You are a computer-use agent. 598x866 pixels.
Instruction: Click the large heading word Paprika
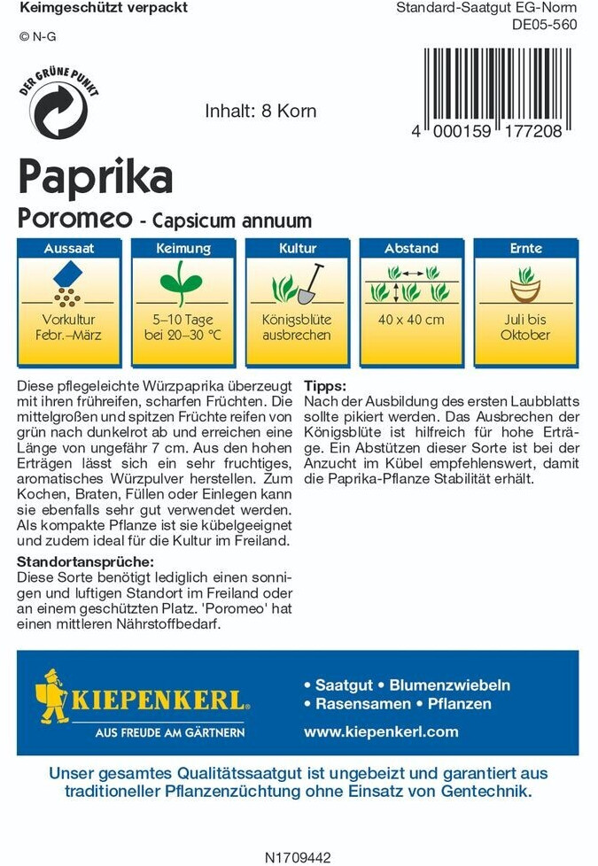pos(96,177)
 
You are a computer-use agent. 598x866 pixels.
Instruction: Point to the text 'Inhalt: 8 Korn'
pos(260,112)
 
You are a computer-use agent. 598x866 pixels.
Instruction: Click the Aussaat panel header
pos(69,249)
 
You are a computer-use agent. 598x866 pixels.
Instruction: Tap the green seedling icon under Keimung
pos(183,282)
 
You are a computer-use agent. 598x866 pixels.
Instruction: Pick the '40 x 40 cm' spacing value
pos(410,320)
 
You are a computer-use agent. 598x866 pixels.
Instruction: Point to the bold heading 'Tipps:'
pos(325,387)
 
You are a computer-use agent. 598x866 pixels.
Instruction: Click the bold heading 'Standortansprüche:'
pos(86,562)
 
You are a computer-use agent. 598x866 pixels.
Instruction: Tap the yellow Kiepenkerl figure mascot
pos(54,697)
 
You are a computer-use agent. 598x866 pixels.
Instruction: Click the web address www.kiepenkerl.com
pos(381,731)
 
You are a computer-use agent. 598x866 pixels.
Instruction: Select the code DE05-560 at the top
pos(544,25)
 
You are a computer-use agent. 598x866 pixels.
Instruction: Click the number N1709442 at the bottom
pos(298,857)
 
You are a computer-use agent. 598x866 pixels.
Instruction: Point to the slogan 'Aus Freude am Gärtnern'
pos(170,732)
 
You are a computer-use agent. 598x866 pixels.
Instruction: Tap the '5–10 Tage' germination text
pos(183,320)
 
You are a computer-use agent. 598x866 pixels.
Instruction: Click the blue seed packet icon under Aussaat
pos(67,274)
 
